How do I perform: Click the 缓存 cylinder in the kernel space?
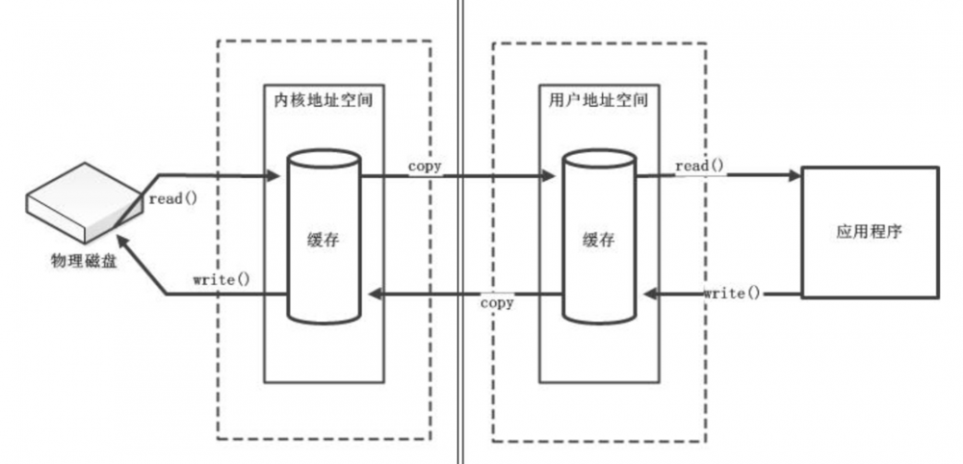[x=324, y=237]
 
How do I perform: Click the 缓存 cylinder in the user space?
[x=598, y=237]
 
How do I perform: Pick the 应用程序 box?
[x=869, y=232]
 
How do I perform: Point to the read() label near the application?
[x=699, y=167]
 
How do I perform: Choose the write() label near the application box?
[x=730, y=292]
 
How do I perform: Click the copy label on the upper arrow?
[x=425, y=166]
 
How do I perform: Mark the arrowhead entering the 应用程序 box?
[x=794, y=176]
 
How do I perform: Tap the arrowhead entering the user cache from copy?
[x=549, y=176]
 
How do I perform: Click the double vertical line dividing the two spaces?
[x=458, y=231]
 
